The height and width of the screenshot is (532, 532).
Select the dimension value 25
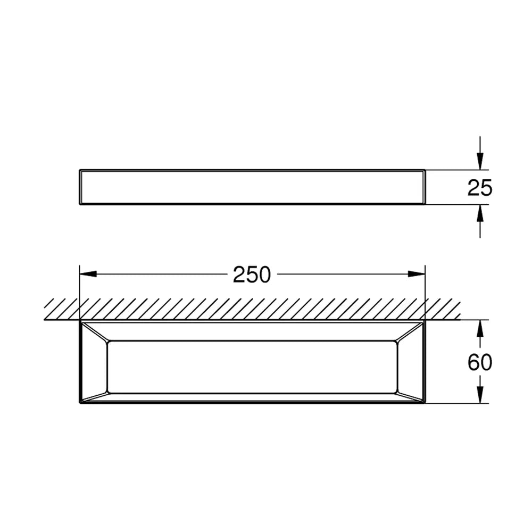coord(480,188)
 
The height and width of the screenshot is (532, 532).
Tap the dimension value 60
coord(480,362)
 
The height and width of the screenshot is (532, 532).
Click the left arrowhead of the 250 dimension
coord(88,274)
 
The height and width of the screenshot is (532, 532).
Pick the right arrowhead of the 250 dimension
coord(417,274)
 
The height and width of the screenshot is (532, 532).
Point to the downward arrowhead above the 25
coord(480,161)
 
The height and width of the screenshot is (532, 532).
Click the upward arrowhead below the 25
coord(480,213)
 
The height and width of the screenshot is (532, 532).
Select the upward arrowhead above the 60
coord(480,328)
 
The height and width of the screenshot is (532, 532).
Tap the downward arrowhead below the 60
coord(480,395)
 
